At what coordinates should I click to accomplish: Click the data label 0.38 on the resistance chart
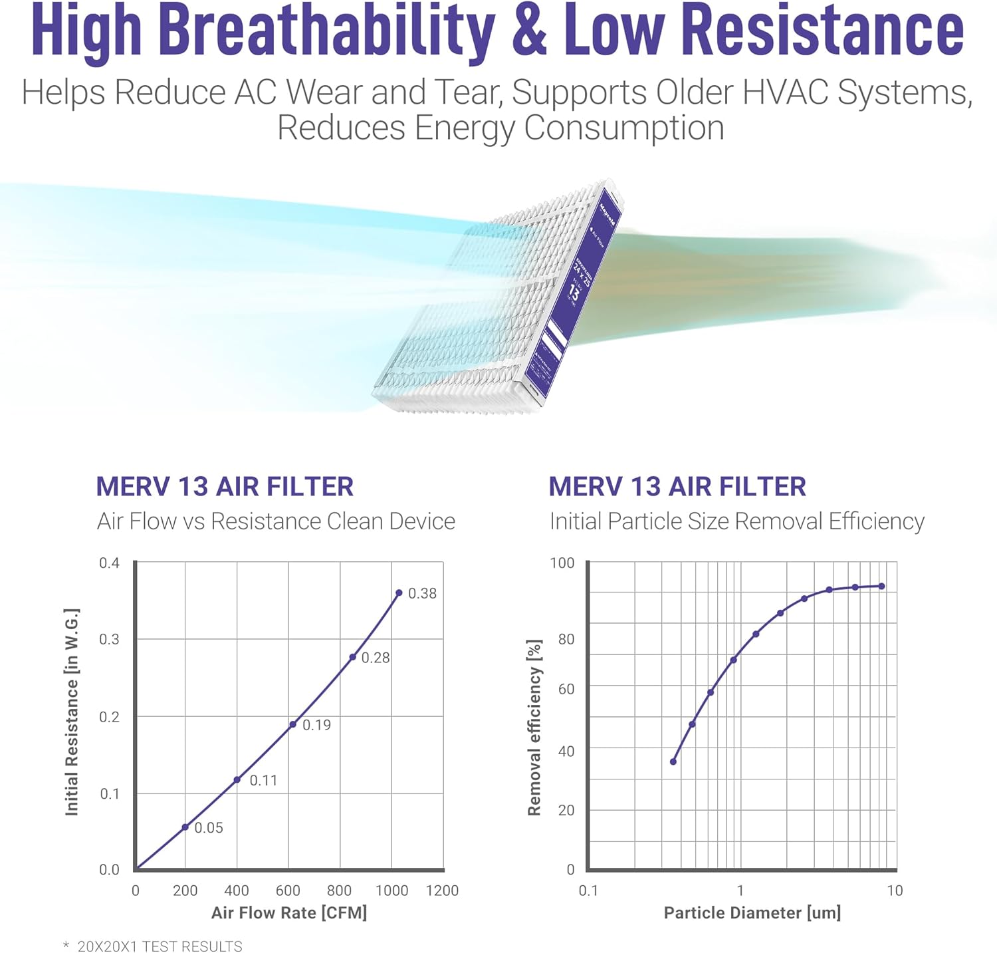click(x=422, y=593)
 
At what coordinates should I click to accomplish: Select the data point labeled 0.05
click(x=185, y=827)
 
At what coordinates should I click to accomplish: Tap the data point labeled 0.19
click(x=292, y=724)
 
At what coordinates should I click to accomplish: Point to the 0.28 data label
click(x=376, y=658)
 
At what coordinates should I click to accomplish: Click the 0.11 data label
click(x=263, y=780)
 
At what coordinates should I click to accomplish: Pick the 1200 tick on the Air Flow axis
click(x=442, y=890)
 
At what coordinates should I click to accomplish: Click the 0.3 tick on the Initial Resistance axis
click(x=109, y=639)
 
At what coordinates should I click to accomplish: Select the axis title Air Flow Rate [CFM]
click(x=289, y=912)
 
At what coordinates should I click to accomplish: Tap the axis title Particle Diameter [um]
click(x=752, y=912)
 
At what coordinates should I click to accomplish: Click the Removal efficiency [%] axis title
click(x=534, y=728)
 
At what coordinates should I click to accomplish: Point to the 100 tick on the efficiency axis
click(x=562, y=563)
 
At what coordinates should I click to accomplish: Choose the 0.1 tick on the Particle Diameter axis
click(x=588, y=890)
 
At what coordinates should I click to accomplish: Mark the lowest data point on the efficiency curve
click(x=673, y=761)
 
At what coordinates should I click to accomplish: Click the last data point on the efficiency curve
click(x=882, y=586)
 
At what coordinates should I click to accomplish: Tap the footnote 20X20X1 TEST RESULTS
click(x=160, y=946)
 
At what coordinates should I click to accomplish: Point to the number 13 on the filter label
click(x=574, y=291)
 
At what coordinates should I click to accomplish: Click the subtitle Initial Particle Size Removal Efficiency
click(x=736, y=521)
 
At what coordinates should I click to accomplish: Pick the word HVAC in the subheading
click(x=784, y=92)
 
